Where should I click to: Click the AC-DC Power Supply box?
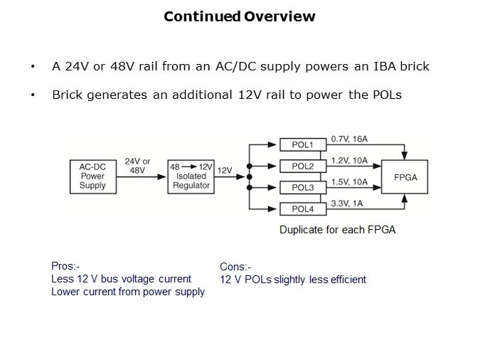click(x=92, y=176)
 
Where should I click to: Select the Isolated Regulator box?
click(x=190, y=176)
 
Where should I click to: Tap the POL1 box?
click(x=303, y=145)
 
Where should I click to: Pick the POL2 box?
click(x=303, y=166)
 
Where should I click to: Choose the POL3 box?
click(x=303, y=188)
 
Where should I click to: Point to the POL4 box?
click(x=303, y=209)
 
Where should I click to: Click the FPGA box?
click(x=405, y=176)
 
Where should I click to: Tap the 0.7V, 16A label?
click(x=349, y=139)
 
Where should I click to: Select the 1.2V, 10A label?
click(x=349, y=161)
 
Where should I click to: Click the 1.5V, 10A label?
click(x=349, y=182)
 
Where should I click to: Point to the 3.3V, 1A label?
click(x=346, y=203)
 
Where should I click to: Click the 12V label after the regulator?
click(x=225, y=171)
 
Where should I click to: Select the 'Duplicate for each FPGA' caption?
click(x=337, y=230)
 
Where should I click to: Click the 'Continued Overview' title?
click(x=240, y=16)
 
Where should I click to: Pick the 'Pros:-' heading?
click(x=66, y=266)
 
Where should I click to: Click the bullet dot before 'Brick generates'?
click(x=33, y=95)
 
